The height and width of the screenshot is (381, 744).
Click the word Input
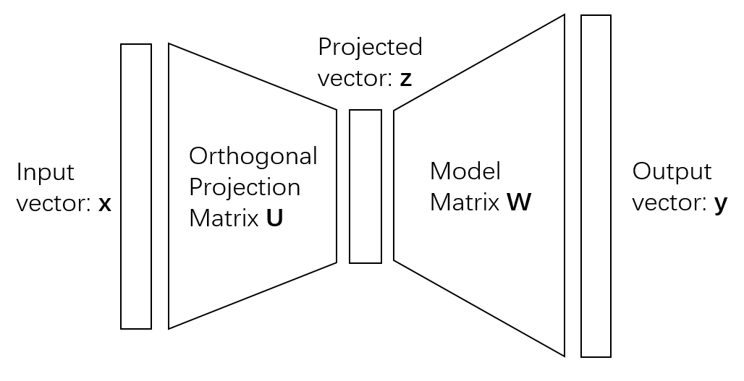(x=45, y=173)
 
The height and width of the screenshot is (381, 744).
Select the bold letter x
(x=105, y=205)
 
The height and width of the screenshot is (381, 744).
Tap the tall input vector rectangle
(x=136, y=187)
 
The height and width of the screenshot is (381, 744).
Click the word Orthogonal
(x=253, y=156)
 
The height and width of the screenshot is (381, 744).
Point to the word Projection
(x=244, y=187)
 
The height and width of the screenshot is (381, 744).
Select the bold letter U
(x=274, y=218)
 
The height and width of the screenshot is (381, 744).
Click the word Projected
(x=370, y=48)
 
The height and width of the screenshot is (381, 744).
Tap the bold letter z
(x=405, y=79)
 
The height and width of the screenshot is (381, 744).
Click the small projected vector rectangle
(x=365, y=187)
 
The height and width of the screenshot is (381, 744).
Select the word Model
(x=465, y=171)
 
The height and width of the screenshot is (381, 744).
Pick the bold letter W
(x=518, y=203)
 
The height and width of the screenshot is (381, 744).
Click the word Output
(x=672, y=172)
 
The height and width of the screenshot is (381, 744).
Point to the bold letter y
(x=720, y=205)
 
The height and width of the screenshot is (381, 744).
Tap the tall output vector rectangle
(x=596, y=186)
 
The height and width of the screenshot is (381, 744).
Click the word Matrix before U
(x=224, y=218)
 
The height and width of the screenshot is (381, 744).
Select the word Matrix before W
(x=465, y=203)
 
